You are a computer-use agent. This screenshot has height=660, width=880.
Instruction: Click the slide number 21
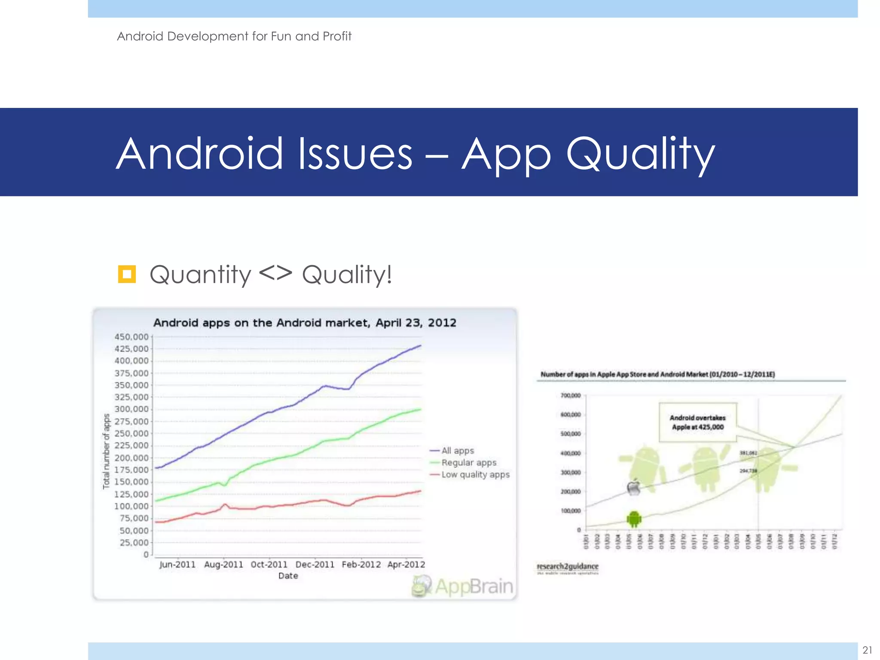pos(867,650)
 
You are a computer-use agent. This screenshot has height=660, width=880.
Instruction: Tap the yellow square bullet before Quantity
pos(127,274)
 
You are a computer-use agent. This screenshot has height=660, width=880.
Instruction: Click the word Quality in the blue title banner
pos(640,154)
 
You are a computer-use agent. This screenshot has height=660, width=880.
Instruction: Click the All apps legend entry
pos(457,451)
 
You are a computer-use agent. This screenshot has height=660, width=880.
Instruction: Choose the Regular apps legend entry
pos(468,463)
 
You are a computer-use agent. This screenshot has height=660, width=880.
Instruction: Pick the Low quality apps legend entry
pos(475,475)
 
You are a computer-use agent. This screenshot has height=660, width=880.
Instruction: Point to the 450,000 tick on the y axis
pos(131,337)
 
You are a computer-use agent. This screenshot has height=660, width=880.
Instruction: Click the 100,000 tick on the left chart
pos(131,506)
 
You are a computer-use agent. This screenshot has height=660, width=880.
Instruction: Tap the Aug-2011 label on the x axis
pos(223,565)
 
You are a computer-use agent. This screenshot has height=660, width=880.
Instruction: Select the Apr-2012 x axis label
pos(406,565)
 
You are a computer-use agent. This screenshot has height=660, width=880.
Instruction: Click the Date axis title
pos(288,576)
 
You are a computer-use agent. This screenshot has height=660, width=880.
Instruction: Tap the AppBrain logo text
pos(474,587)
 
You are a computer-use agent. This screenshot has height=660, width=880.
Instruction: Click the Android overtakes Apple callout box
pos(697,422)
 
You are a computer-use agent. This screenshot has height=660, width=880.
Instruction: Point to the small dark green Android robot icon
pos(634,519)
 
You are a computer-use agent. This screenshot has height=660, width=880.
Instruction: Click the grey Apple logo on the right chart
pos(634,488)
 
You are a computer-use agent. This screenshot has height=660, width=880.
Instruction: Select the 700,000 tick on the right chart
pos(571,395)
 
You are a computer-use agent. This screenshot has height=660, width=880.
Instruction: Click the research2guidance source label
pos(567,567)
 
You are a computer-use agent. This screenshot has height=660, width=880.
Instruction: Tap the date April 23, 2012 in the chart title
pos(416,323)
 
